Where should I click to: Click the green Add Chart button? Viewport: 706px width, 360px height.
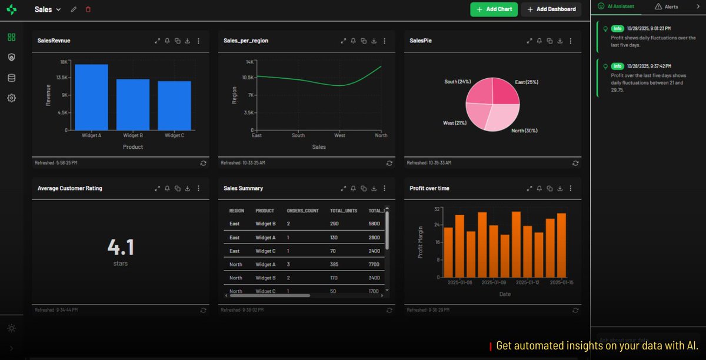tap(494, 9)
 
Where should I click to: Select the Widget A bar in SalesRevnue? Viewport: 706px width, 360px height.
tap(91, 98)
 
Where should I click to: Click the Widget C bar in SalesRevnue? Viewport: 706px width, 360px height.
tap(174, 106)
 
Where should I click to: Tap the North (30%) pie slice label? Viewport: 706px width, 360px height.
tap(524, 131)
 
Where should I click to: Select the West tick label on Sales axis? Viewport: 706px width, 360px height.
tap(339, 135)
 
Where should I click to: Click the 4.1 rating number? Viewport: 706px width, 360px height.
tap(121, 246)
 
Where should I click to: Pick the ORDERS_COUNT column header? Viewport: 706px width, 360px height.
tap(302, 211)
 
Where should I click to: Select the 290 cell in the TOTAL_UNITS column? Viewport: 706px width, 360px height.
tap(334, 224)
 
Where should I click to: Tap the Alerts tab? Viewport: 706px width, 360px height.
tap(667, 7)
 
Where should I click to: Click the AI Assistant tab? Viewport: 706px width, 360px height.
tap(617, 6)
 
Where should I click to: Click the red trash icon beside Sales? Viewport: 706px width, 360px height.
tap(88, 9)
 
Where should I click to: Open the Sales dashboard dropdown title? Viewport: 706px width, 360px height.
tap(47, 9)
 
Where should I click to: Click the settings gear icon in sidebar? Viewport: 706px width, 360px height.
tap(11, 98)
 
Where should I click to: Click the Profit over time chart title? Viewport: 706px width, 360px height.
tap(429, 188)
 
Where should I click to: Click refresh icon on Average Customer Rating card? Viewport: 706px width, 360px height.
tap(203, 310)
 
